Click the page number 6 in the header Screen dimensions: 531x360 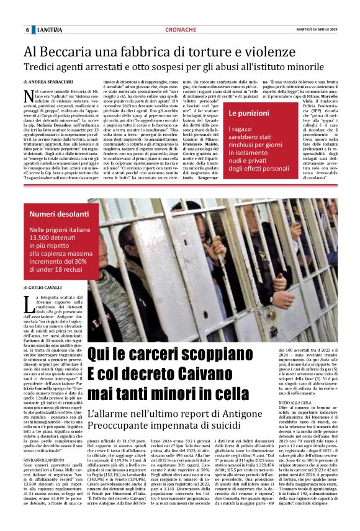pos(27,30)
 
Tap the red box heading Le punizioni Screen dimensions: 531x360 pos(248,114)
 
